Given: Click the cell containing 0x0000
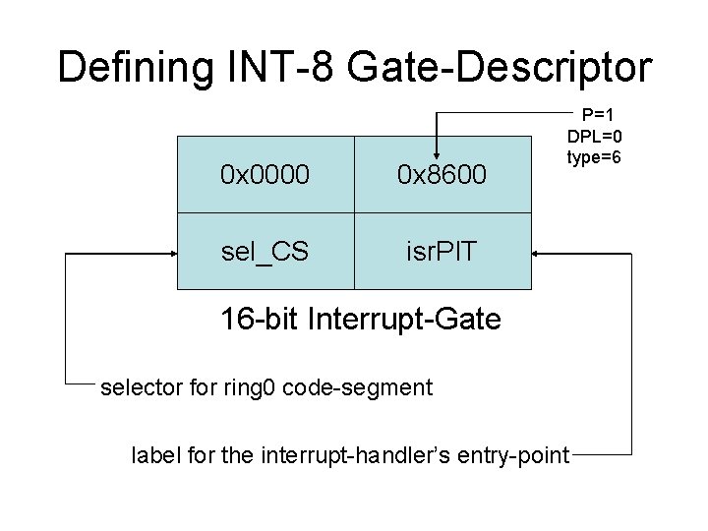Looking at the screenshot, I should click(x=265, y=175).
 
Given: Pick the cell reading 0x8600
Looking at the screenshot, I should click(x=442, y=175).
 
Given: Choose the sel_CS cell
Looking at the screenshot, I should click(x=265, y=252).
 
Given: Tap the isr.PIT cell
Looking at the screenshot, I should click(x=442, y=252).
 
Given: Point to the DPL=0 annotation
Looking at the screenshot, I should click(x=594, y=135).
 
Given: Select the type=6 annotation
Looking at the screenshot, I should click(x=594, y=155).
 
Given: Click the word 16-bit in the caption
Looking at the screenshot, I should click(x=253, y=319).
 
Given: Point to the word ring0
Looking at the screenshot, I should click(x=252, y=387).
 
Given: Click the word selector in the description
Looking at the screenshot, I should click(x=137, y=387).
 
